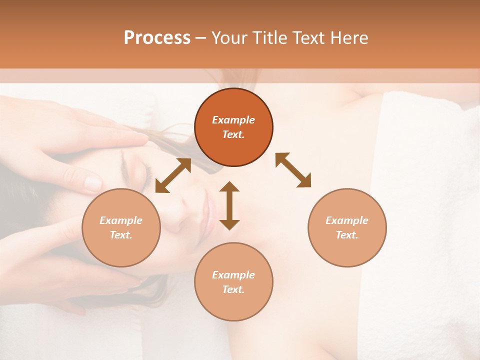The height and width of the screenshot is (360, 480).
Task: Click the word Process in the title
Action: [x=157, y=38]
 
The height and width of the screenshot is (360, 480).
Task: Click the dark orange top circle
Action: [x=233, y=127]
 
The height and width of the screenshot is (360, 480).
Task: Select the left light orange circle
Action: [x=121, y=227]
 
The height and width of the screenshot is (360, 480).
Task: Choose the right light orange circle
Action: [x=347, y=227]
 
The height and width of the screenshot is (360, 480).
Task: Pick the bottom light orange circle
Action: [x=233, y=282]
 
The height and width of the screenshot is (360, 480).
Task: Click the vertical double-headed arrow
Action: [x=229, y=205]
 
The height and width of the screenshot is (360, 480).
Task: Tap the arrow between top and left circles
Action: [x=173, y=175]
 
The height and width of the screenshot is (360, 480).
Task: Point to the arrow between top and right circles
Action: [x=293, y=170]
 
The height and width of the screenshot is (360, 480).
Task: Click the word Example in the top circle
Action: [x=233, y=120]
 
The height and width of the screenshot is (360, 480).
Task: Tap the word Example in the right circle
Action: [x=347, y=220]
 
